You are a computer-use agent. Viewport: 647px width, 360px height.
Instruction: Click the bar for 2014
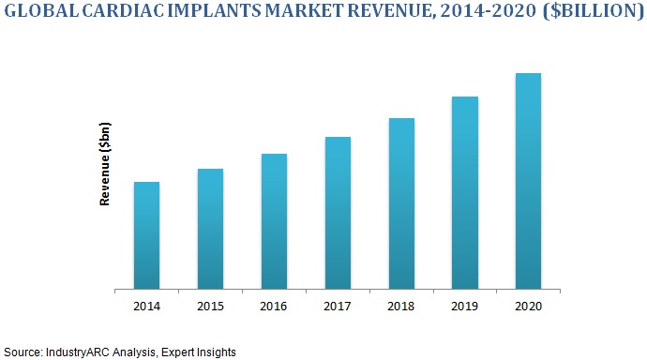[146, 235]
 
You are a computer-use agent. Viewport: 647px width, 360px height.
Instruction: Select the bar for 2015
[210, 229]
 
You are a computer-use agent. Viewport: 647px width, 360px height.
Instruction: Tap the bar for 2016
[274, 221]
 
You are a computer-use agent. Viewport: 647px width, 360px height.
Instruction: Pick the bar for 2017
[338, 213]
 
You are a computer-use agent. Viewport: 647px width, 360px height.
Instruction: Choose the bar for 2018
[401, 203]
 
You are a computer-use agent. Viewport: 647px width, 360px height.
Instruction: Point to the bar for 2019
[465, 192]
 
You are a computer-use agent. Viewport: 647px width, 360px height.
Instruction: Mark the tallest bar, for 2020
[528, 181]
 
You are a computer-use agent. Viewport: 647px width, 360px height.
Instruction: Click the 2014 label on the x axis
[146, 306]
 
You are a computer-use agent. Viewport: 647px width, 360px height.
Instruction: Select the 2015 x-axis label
[210, 306]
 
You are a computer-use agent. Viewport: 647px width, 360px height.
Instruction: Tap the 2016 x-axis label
[274, 306]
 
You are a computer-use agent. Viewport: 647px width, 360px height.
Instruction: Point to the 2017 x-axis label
[338, 306]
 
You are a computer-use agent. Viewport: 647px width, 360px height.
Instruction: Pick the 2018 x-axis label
[401, 306]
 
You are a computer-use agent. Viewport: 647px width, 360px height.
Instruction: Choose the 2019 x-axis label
[465, 306]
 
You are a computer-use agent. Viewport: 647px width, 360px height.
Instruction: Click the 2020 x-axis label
[528, 306]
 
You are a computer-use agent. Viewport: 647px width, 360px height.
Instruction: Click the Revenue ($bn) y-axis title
[106, 164]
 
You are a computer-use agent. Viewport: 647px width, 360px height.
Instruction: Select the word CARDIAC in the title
[122, 16]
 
